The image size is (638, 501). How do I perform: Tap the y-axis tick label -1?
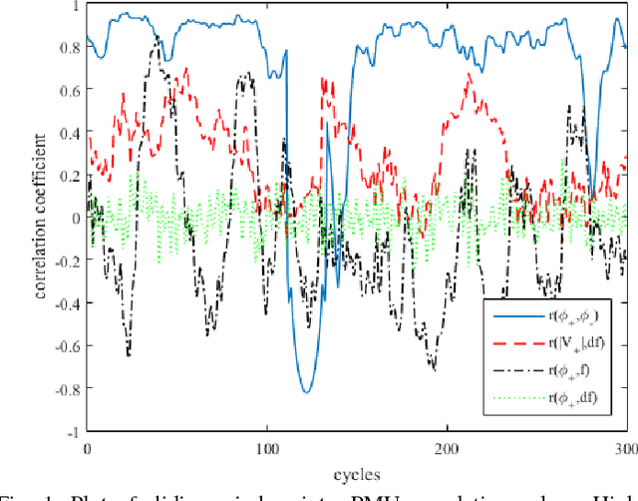71,432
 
